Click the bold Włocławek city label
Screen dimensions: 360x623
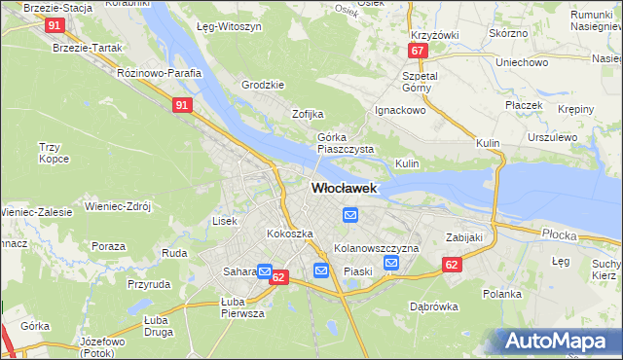[344, 189]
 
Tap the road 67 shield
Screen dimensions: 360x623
[418, 51]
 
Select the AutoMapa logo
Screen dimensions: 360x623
[561, 341]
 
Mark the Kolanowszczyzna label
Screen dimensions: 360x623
[376, 248]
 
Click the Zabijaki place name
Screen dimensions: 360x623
[464, 236]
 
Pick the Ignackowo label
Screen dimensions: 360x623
[402, 110]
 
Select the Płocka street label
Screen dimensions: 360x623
[561, 234]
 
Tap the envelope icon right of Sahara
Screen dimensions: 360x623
[264, 272]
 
